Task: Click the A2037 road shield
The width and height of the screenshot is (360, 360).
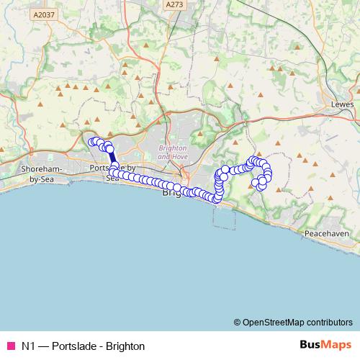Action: pos(43,14)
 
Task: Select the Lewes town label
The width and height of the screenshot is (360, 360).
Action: pos(338,103)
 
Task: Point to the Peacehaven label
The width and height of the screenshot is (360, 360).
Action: pos(326,234)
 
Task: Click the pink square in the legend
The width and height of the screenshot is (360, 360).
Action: pos(10,346)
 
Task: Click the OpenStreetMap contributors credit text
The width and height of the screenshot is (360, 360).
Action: pos(297,322)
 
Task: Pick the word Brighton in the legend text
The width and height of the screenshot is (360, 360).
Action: pos(125,346)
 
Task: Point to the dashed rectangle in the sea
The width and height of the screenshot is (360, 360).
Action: pos(224,215)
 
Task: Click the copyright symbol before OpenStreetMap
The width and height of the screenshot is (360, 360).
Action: pos(238,322)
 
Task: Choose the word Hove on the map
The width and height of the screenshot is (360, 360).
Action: pos(180,156)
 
